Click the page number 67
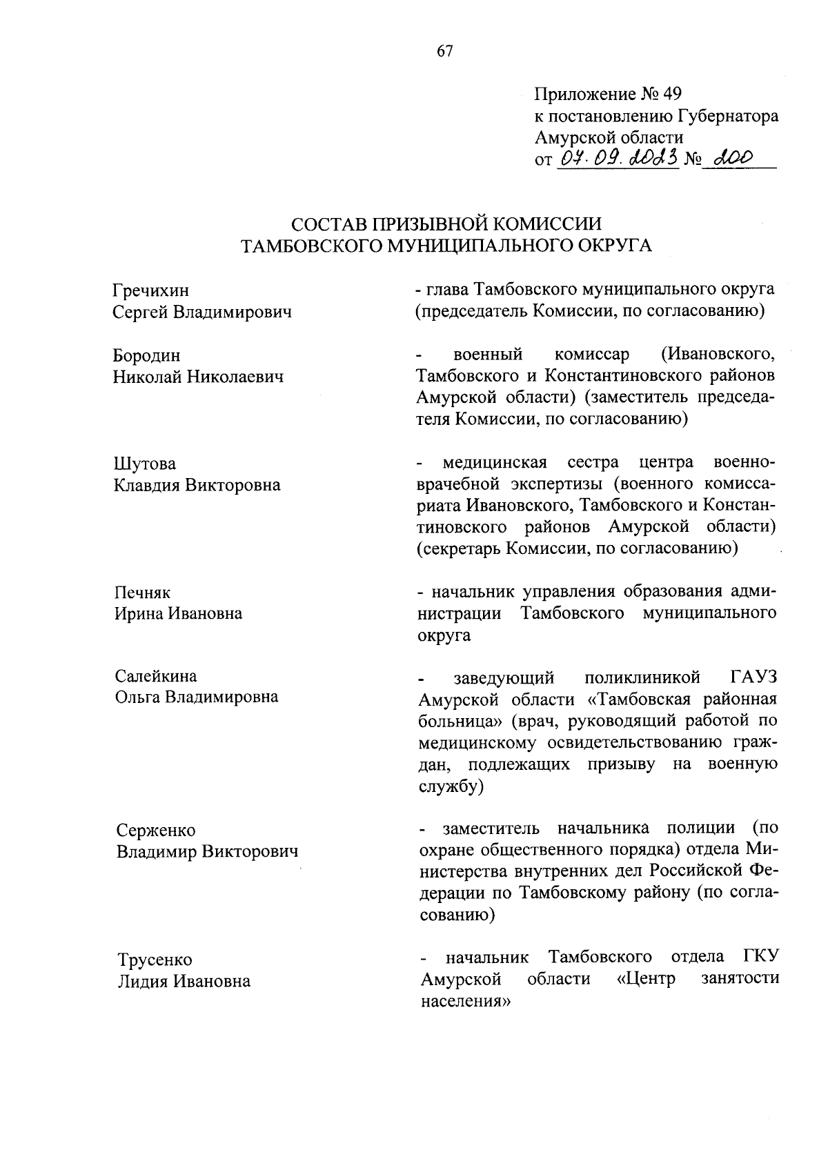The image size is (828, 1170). pos(444,51)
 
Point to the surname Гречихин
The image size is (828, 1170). pos(151,290)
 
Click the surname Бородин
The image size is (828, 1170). pos(147,355)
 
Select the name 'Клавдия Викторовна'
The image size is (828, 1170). pos(197,484)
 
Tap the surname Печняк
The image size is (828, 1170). pos(142,593)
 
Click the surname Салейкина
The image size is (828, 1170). pos(156,675)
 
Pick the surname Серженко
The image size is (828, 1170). pos(156,830)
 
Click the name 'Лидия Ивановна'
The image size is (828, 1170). pos(184,981)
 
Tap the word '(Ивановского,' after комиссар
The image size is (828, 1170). pos(718,355)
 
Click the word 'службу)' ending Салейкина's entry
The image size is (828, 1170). pos(451,786)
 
